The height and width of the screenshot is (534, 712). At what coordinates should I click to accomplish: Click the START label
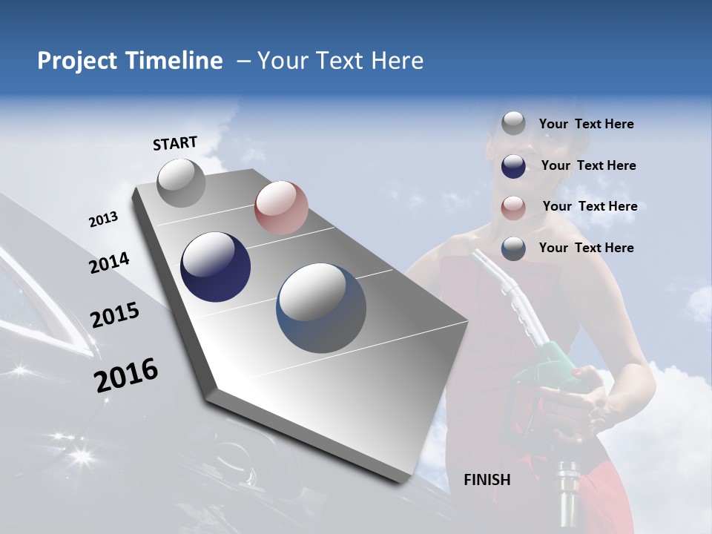(x=175, y=143)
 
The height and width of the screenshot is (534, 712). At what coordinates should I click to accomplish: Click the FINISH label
(x=487, y=480)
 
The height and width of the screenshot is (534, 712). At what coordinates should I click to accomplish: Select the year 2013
(x=103, y=220)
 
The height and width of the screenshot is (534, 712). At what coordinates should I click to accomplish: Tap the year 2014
(x=109, y=263)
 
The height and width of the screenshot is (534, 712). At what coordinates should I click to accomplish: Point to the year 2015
(x=115, y=315)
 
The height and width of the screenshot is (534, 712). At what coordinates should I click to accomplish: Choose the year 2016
(x=126, y=375)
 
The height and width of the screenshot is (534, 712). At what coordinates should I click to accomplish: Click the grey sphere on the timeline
(x=181, y=182)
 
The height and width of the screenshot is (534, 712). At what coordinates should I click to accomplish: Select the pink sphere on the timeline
(x=281, y=207)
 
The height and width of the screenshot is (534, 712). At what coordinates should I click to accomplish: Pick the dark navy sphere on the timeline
(x=216, y=267)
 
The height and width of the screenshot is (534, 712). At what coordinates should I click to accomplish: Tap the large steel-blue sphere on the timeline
(x=321, y=308)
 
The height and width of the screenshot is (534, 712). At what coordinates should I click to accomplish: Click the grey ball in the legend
(x=513, y=124)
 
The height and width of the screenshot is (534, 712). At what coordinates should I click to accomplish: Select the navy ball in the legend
(x=513, y=166)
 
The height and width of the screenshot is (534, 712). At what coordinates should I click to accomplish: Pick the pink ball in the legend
(x=513, y=208)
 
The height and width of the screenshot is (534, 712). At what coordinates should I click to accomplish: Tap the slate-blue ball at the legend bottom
(x=513, y=248)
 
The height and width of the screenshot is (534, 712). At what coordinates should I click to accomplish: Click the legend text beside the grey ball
(x=586, y=125)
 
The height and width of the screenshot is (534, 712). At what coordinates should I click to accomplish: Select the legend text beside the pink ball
(x=590, y=206)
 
